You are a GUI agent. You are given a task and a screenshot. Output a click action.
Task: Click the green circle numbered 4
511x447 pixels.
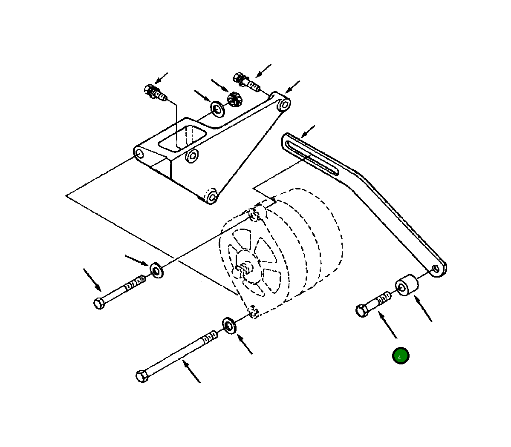tap(401, 356)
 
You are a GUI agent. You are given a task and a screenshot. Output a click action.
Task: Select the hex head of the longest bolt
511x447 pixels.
tap(142, 376)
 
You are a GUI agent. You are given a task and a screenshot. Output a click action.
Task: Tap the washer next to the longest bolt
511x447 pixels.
tap(230, 326)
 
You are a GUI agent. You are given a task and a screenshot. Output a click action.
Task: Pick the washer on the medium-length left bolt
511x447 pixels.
tap(156, 270)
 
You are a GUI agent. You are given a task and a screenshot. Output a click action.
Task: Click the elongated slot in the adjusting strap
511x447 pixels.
tap(312, 158)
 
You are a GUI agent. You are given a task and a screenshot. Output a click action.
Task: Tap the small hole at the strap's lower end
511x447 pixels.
tap(435, 268)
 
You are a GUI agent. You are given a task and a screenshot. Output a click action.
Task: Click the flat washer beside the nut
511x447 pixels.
tap(217, 109)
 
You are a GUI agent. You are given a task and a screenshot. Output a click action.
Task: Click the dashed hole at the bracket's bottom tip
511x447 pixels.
tap(211, 197)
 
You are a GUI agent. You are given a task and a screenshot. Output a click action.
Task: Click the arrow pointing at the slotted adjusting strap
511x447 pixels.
tap(307, 131)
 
